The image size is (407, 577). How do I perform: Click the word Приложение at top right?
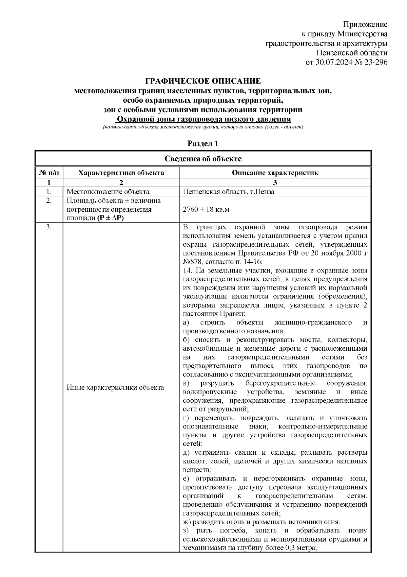coord(365,24)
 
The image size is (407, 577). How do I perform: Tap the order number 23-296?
coord(374,62)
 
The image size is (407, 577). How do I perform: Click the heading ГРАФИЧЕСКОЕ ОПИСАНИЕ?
coord(203,81)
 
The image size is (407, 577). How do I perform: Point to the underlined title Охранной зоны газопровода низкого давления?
coord(203,119)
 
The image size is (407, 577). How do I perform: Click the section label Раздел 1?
coord(203,143)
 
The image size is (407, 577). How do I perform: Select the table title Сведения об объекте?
coord(203,159)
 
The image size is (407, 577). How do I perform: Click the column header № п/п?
coord(49,173)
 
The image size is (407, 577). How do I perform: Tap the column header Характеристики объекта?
coord(121,173)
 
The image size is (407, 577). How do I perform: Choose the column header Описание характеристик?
coord(275,173)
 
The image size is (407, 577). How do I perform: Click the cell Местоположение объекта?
coord(108,192)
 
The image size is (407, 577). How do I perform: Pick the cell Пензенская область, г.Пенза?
coord(229,192)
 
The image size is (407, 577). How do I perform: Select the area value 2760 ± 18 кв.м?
coord(206,209)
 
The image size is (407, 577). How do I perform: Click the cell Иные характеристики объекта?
coord(115,387)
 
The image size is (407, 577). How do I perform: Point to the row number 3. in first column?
coord(49,227)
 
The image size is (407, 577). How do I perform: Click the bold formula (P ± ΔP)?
coord(111,218)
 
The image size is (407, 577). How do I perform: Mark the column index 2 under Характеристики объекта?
coord(121,182)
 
